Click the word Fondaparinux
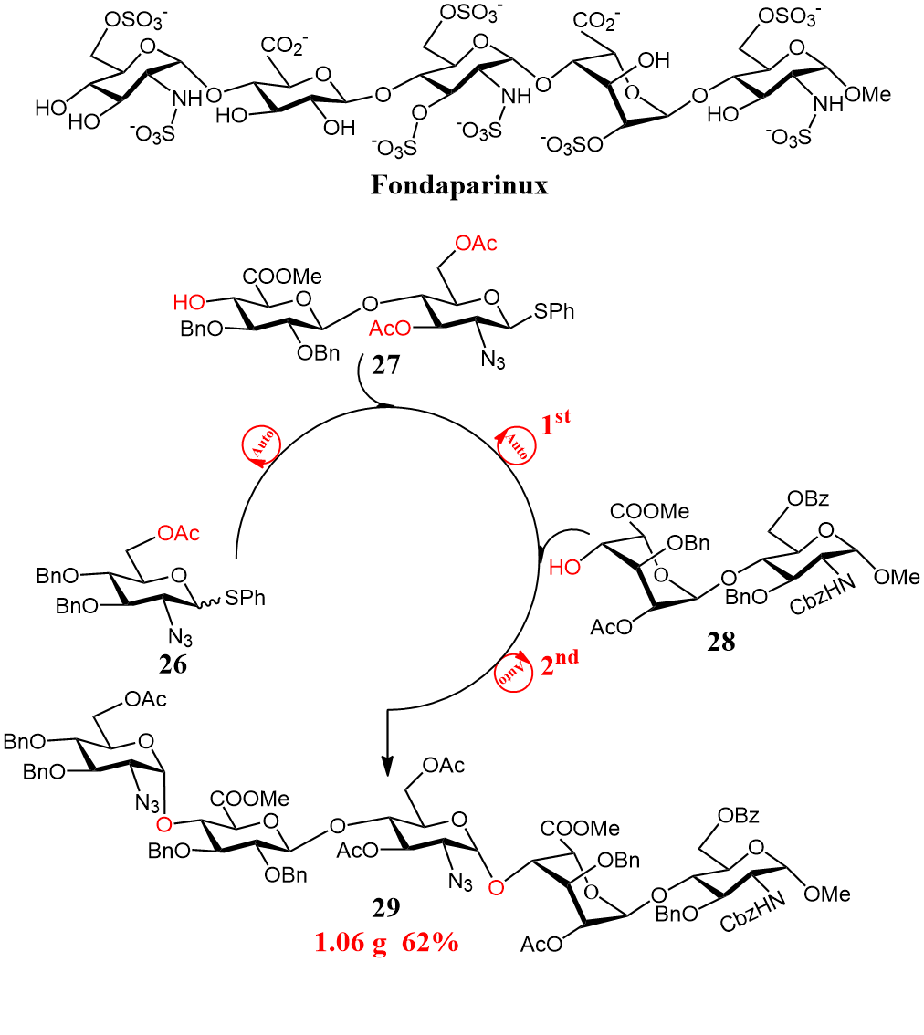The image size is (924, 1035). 458,186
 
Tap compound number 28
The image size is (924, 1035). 720,642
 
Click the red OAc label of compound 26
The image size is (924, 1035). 179,533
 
